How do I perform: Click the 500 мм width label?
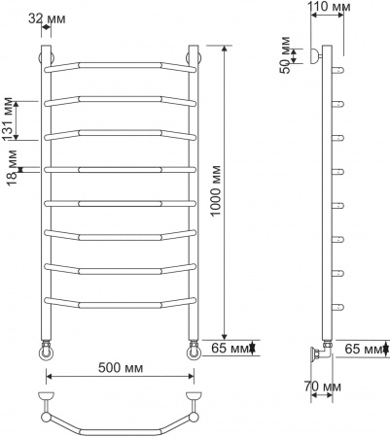click(x=119, y=369)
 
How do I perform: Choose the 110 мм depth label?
click(x=330, y=9)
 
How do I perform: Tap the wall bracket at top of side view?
click(x=313, y=56)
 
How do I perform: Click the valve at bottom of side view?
click(x=317, y=350)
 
